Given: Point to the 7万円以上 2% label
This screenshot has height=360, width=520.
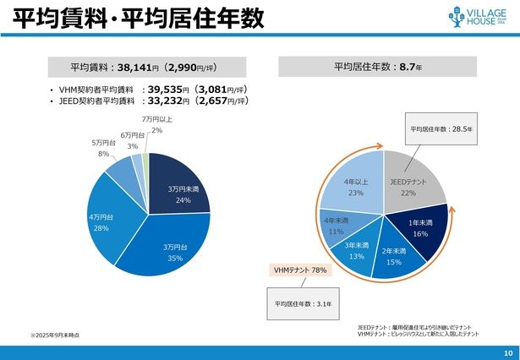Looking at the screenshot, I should (156, 124).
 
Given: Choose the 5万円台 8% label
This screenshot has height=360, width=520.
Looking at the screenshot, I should (102, 149).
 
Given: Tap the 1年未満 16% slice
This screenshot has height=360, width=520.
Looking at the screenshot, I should (419, 228).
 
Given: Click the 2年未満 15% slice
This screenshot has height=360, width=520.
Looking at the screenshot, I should (394, 256).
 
